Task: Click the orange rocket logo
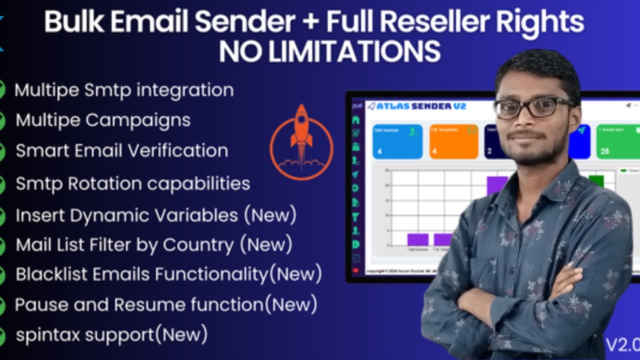301,142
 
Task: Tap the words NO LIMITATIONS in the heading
329,51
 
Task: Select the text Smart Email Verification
121,151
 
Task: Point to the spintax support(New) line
111,334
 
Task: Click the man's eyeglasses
532,107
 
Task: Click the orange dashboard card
453,141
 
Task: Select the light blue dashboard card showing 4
397,141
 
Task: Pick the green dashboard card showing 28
618,141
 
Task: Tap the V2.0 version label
622,345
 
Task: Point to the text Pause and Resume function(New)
165,304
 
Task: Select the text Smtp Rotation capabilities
132,183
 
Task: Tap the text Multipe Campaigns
102,120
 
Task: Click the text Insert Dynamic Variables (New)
156,215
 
